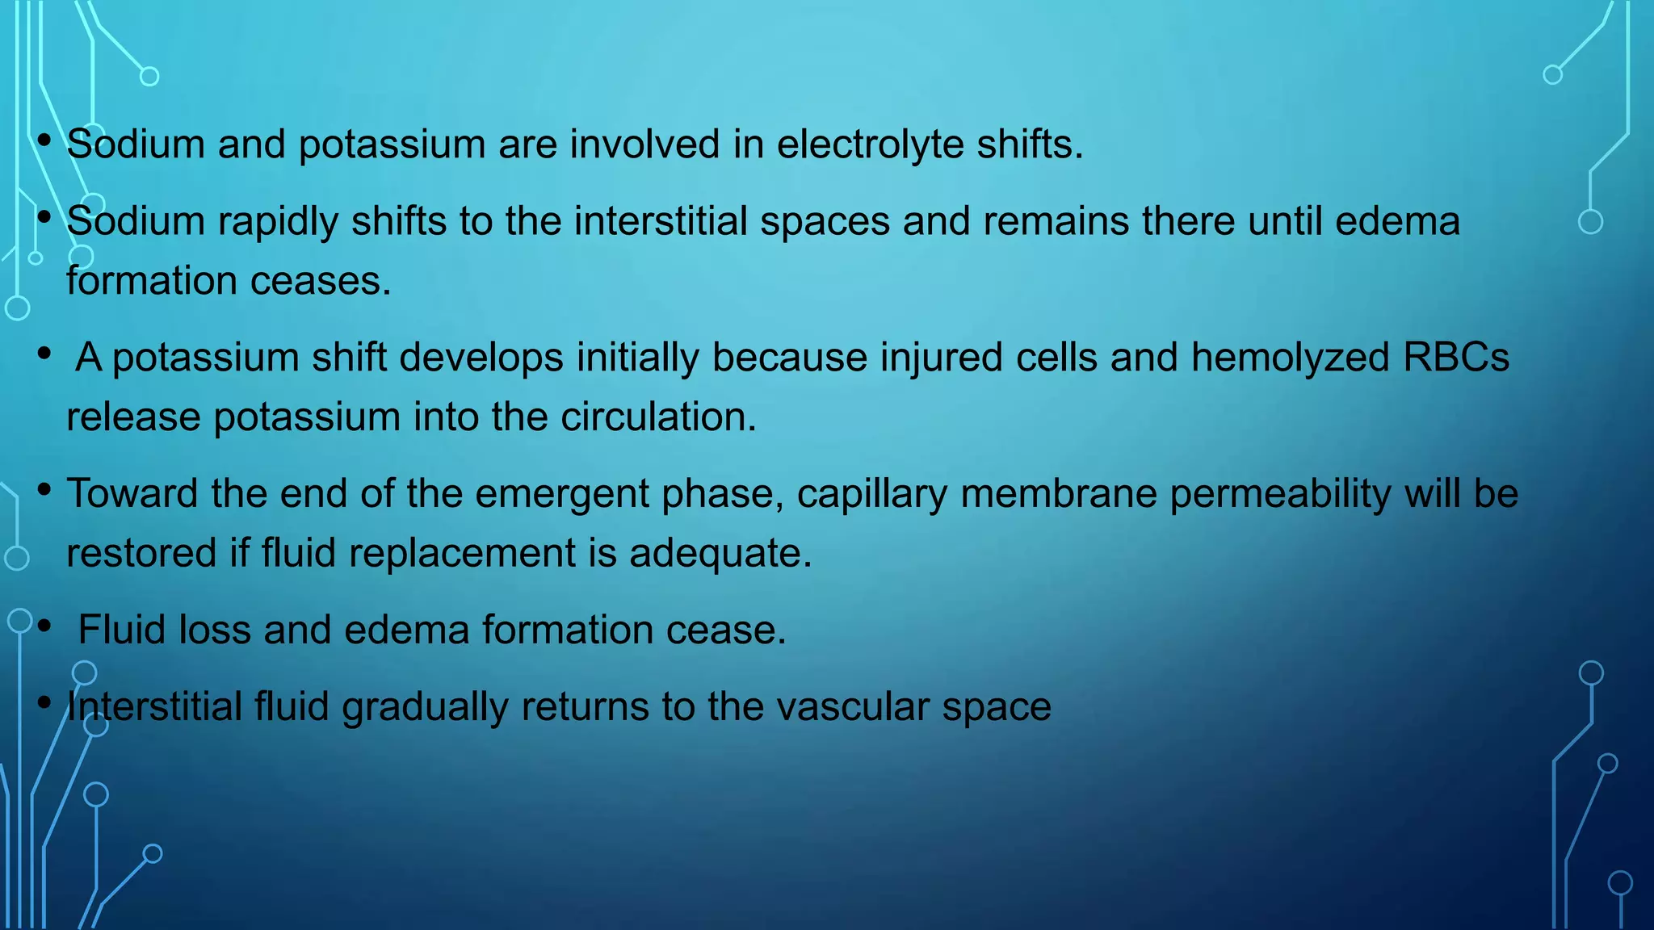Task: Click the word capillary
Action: [x=871, y=495]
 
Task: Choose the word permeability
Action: [x=1280, y=494]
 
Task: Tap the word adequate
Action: [x=720, y=555]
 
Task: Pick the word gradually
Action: [x=425, y=707]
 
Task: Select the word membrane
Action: [x=1058, y=494]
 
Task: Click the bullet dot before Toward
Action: [x=45, y=488]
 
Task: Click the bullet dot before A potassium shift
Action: [x=45, y=353]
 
